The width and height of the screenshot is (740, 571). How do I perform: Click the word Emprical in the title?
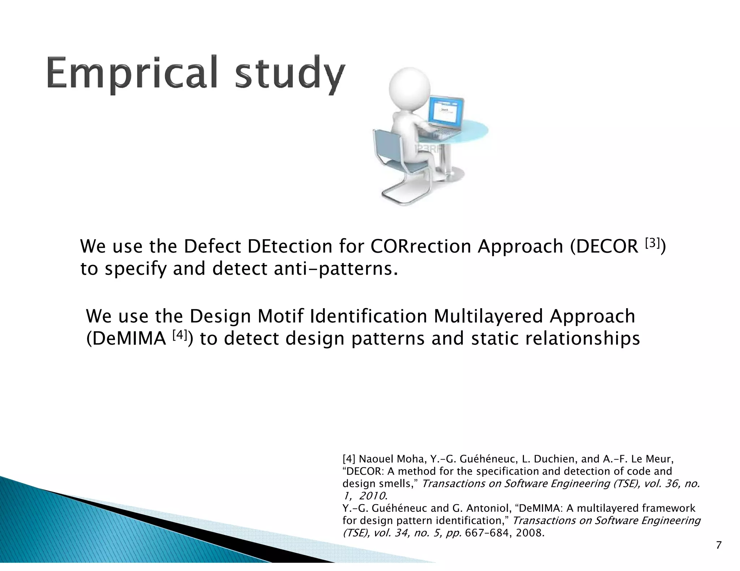(x=132, y=73)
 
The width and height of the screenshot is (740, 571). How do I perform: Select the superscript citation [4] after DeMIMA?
(x=179, y=335)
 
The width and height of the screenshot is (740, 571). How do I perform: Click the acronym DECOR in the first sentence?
(x=608, y=247)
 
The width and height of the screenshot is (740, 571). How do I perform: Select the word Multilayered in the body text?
(x=488, y=317)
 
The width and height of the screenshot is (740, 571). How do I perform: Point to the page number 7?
(x=718, y=545)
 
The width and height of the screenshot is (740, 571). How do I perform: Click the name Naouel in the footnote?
(x=375, y=459)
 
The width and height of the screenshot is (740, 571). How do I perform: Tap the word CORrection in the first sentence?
(x=421, y=247)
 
